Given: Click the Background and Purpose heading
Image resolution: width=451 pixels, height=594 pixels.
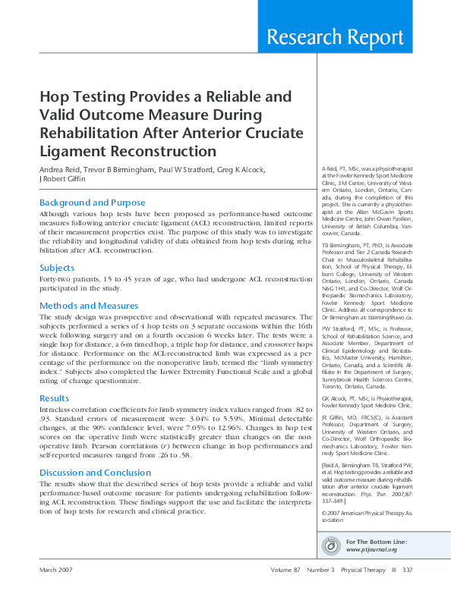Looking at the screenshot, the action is pos(92,203).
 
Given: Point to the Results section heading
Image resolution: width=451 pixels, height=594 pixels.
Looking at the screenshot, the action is pos(54,398).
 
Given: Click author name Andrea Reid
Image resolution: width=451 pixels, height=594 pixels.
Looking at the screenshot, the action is pos(62,169).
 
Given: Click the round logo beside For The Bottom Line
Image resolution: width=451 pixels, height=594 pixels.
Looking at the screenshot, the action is pos(331,545).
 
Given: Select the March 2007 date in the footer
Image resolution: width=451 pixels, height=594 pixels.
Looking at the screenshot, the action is pos(58,570).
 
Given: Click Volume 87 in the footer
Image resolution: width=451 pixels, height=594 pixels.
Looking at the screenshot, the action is pos(287,570).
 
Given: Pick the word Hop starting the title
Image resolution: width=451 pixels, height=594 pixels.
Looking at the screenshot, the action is pos(53,97).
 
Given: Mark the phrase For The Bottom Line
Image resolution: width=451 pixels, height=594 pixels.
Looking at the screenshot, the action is pos(376,541).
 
